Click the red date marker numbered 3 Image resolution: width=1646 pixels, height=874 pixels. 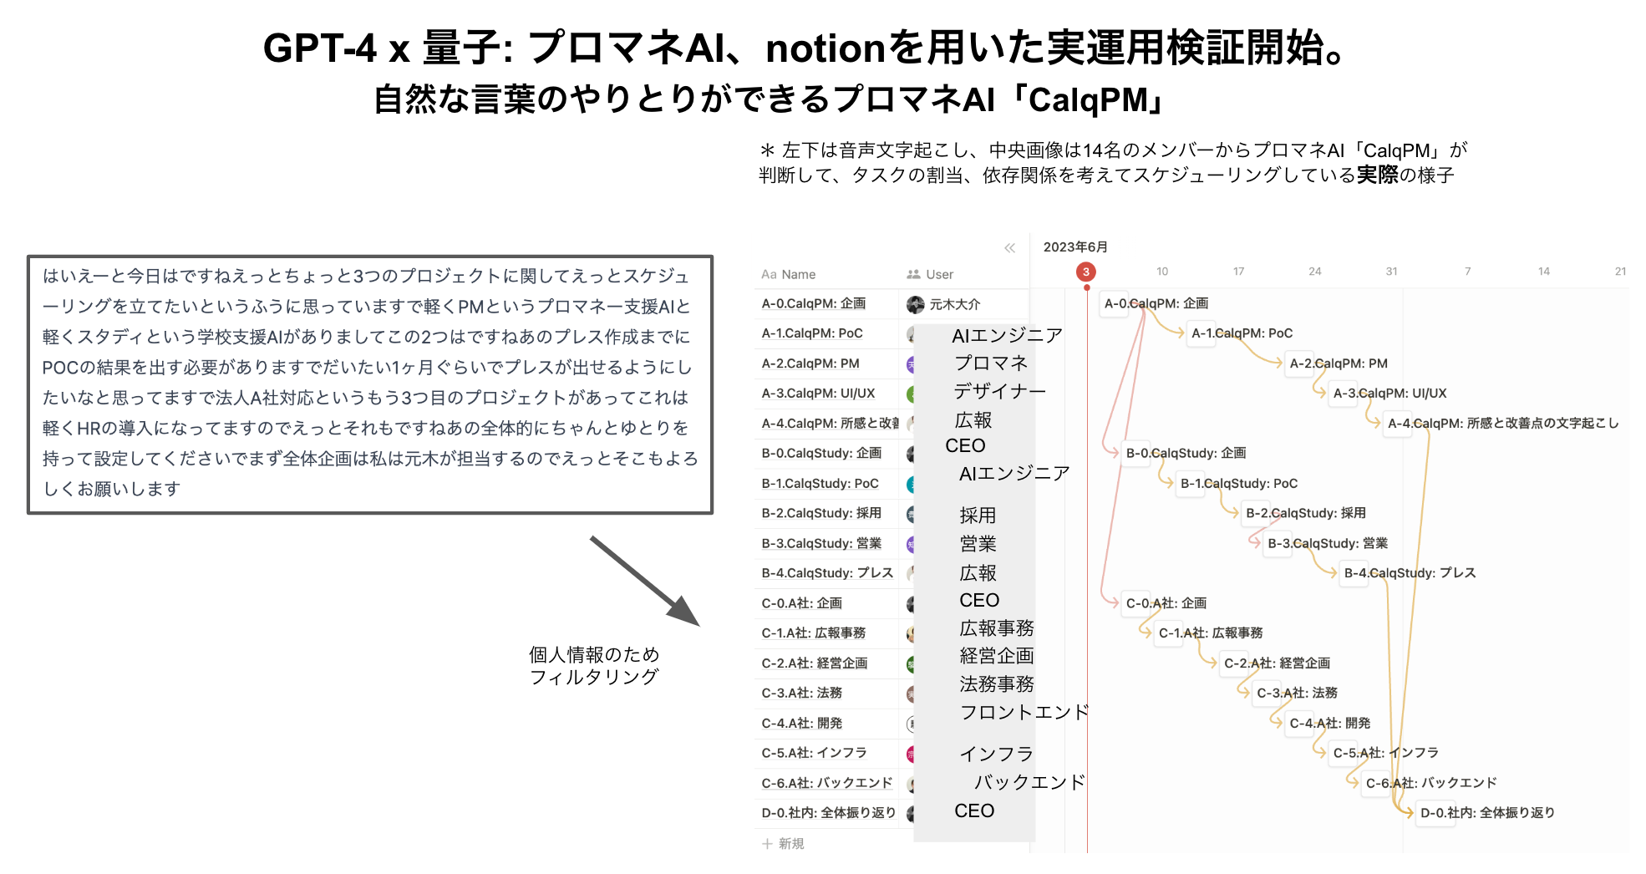click(x=1085, y=272)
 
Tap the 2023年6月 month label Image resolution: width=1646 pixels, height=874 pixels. click(x=1075, y=246)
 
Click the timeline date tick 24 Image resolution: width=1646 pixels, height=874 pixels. click(x=1314, y=272)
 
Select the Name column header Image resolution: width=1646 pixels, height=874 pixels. click(x=788, y=274)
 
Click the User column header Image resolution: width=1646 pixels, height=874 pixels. click(x=931, y=274)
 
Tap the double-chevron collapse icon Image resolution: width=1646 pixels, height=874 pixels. click(x=1009, y=247)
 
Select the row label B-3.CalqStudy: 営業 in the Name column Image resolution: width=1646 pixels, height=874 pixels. click(x=820, y=543)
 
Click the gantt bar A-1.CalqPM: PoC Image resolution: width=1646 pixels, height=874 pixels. click(x=1242, y=333)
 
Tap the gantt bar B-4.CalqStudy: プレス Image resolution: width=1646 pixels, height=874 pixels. click(x=1410, y=573)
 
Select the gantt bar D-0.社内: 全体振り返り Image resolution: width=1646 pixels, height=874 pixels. click(x=1487, y=813)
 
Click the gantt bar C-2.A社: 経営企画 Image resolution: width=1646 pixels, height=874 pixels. click(x=1277, y=663)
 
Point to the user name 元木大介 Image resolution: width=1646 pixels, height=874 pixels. click(x=954, y=304)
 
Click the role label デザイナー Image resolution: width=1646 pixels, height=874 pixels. click(x=999, y=391)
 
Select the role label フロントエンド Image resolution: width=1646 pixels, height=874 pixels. click(x=1024, y=712)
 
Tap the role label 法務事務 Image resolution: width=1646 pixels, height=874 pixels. click(x=997, y=684)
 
